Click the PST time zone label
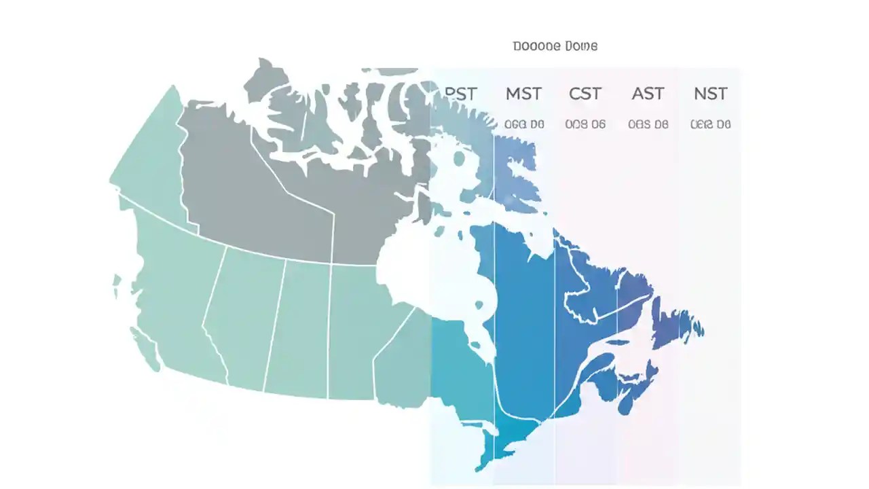[460, 94]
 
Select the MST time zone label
[523, 94]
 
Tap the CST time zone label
[585, 94]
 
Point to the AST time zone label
[648, 94]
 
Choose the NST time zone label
[710, 94]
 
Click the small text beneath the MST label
[523, 124]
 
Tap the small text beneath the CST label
[585, 124]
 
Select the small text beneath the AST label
[648, 124]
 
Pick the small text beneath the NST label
[710, 124]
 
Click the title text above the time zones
[555, 46]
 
